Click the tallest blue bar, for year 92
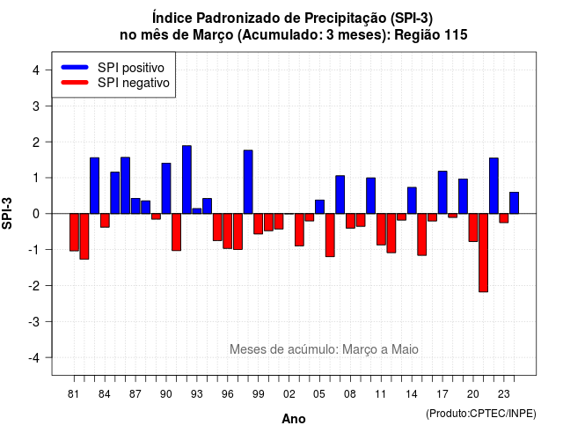[186, 180]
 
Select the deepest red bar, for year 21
[483, 253]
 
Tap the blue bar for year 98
[248, 182]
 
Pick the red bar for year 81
[74, 232]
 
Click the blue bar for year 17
[442, 193]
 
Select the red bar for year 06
[330, 235]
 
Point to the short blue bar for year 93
[197, 211]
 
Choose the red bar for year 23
[504, 218]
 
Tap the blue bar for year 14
[412, 201]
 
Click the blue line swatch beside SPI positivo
[75, 67]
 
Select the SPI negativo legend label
[134, 83]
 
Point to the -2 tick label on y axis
[35, 286]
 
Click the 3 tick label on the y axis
[36, 106]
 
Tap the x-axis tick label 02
[289, 394]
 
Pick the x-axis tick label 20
[473, 394]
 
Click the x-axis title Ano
[294, 419]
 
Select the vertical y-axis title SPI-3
[7, 213]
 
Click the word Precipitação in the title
[347, 18]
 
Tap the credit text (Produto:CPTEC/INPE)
[481, 414]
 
